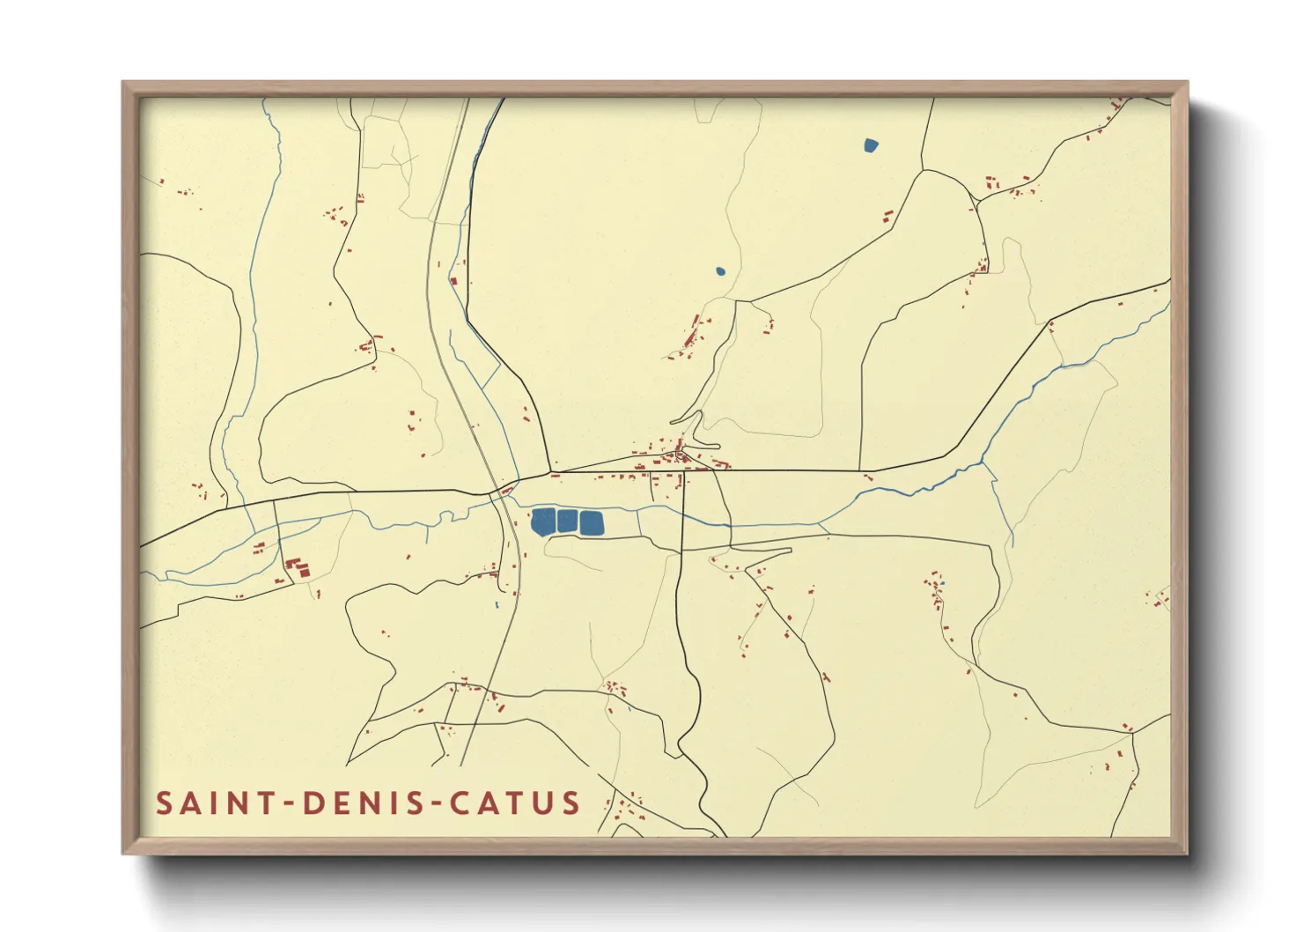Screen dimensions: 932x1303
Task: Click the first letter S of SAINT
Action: [x=164, y=803]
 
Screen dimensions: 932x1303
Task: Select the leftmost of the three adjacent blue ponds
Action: [x=543, y=521]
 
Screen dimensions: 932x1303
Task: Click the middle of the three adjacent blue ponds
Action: [x=567, y=521]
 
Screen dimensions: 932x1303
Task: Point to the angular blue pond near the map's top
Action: [x=871, y=145]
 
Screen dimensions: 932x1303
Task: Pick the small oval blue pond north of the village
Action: [x=720, y=271]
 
